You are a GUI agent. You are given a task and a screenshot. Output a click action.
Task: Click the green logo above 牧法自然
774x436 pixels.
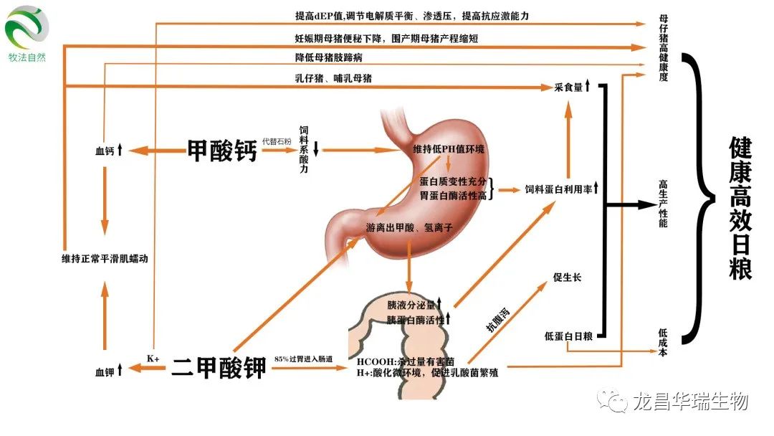tap(27, 27)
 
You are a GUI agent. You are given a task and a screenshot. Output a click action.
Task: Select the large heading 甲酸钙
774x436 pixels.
tap(221, 151)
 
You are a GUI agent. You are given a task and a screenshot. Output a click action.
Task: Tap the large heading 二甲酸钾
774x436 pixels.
tap(219, 368)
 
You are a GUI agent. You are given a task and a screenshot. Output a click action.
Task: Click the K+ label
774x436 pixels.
tap(153, 358)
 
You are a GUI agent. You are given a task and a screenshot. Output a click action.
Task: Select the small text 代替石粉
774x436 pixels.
tap(277, 141)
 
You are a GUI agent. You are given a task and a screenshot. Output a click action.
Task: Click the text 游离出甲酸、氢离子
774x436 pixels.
tap(408, 229)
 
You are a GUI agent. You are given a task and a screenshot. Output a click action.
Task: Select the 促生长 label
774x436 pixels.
tap(567, 278)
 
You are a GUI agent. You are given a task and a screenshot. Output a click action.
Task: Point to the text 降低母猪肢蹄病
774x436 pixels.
tap(328, 57)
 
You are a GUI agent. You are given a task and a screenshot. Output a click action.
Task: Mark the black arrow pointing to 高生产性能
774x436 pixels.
tap(631, 204)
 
